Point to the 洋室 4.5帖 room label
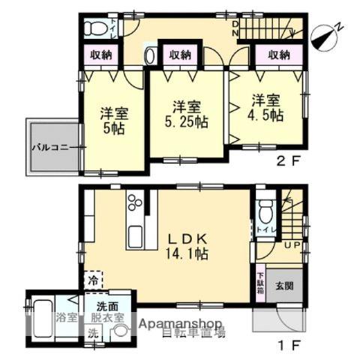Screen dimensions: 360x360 [x=267, y=107]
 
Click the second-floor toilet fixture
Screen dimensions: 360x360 [x=96, y=29]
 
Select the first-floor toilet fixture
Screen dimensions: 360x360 [x=265, y=209]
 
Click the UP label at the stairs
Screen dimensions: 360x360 [x=292, y=244]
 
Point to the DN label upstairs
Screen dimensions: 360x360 [x=235, y=29]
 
